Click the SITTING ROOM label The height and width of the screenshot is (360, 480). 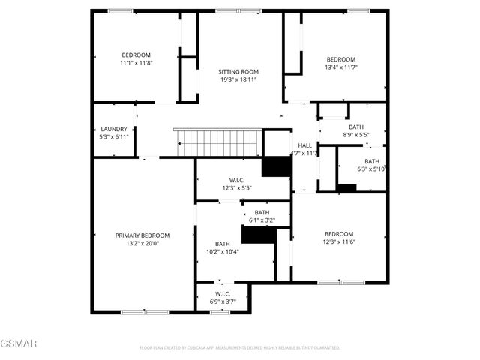pyautogui.click(x=238, y=71)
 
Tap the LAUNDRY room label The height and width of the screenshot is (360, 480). pyautogui.click(x=113, y=129)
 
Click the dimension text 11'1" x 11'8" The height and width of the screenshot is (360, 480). pyautogui.click(x=136, y=63)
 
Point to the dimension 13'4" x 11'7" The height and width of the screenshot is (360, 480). pyautogui.click(x=340, y=67)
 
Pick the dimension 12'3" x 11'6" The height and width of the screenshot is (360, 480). pyautogui.click(x=338, y=241)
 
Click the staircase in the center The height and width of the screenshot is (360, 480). pyautogui.click(x=217, y=141)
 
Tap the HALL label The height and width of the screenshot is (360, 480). pyautogui.click(x=304, y=145)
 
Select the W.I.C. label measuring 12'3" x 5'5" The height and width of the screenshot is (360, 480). pyautogui.click(x=237, y=180)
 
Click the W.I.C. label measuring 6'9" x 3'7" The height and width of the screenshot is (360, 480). pyautogui.click(x=223, y=293)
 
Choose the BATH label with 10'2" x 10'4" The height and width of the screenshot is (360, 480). pyautogui.click(x=223, y=244)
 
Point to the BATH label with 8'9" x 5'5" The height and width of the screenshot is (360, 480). pyautogui.click(x=355, y=127)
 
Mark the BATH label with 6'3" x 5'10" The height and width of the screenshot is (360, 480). pyautogui.click(x=372, y=161)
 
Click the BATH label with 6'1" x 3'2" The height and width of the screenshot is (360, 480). pyautogui.click(x=262, y=213)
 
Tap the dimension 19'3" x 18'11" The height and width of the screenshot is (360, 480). pyautogui.click(x=238, y=79)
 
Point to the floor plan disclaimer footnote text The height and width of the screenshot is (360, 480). pyautogui.click(x=240, y=348)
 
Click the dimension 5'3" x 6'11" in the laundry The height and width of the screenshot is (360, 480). pyautogui.click(x=113, y=137)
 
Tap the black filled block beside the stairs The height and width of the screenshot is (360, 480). pyautogui.click(x=276, y=166)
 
